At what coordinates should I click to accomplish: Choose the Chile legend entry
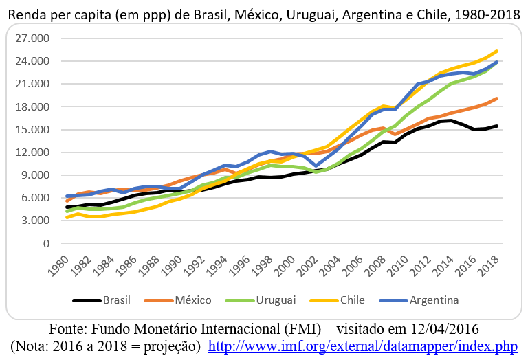coord(351,300)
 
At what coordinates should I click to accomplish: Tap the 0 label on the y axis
coord(47,243)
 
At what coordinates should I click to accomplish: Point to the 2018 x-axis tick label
coord(489,264)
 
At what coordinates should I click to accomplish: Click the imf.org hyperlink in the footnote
coord(367,345)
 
